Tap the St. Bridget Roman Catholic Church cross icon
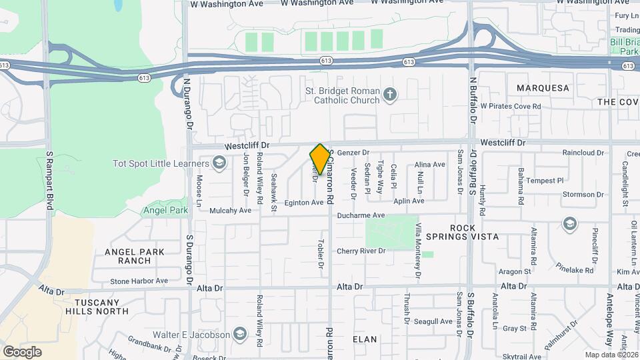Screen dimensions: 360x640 (x=390, y=95)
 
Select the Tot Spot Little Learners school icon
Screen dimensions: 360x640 (x=219, y=163)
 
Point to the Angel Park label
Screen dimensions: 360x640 (x=165, y=210)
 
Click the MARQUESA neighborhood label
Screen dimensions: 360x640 (x=543, y=88)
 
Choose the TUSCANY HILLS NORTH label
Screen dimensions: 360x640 (x=97, y=307)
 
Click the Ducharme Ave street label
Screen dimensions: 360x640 (x=361, y=215)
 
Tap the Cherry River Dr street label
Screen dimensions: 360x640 (x=361, y=251)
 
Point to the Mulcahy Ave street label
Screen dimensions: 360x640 (x=230, y=210)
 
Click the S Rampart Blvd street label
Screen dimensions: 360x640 (x=49, y=180)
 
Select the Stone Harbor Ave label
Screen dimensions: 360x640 (x=139, y=281)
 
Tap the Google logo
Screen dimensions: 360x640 (x=22, y=351)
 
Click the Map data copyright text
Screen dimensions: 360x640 (x=611, y=355)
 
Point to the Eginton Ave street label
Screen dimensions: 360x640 (x=304, y=203)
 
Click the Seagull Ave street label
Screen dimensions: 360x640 (x=433, y=321)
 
